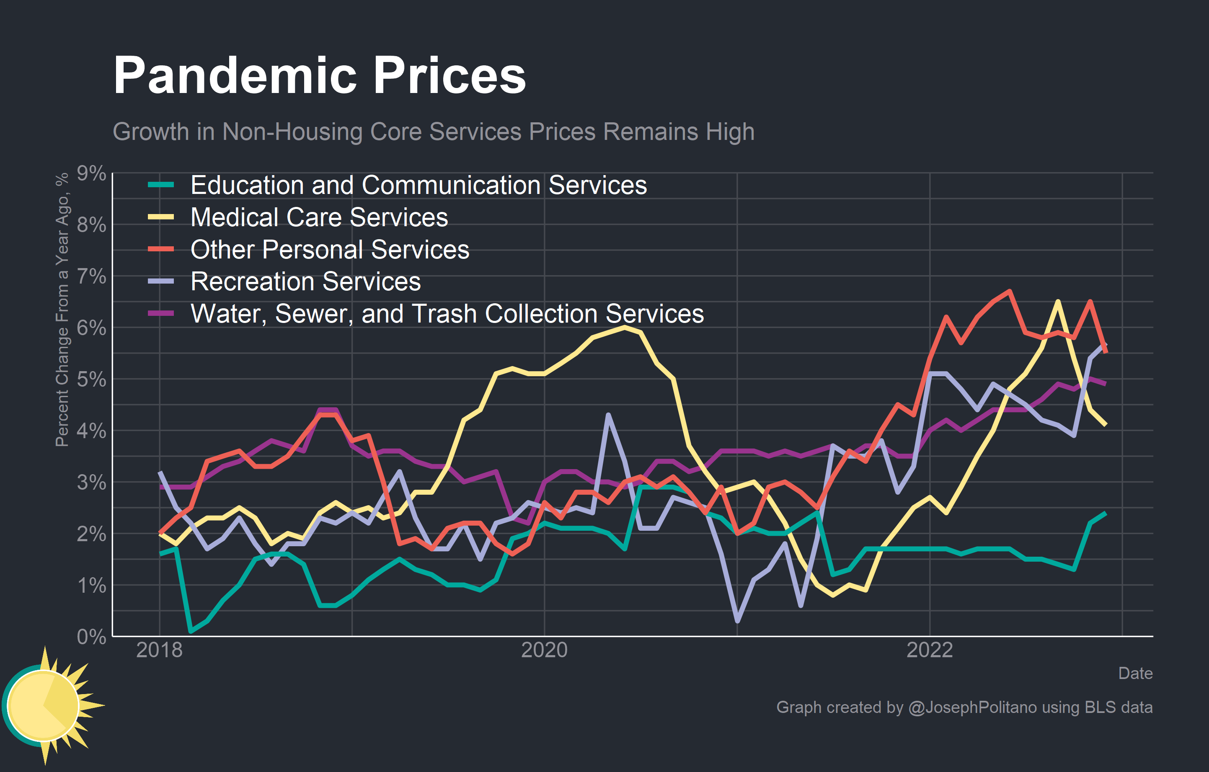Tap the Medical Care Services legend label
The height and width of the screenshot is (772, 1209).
click(319, 217)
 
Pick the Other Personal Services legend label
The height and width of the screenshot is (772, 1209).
click(330, 250)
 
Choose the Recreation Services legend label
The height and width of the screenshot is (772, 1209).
click(305, 281)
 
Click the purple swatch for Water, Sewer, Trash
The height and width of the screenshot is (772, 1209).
click(161, 313)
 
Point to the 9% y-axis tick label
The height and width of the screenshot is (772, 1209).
click(91, 174)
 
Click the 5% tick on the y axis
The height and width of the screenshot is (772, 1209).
click(91, 380)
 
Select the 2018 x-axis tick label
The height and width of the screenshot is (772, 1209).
click(159, 651)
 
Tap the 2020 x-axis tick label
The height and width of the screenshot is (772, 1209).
click(544, 651)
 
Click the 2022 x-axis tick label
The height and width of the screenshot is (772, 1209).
click(929, 651)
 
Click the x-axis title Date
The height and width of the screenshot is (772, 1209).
click(1135, 674)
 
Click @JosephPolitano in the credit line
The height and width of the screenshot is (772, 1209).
click(972, 707)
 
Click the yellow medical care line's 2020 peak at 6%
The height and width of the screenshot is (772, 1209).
click(624, 327)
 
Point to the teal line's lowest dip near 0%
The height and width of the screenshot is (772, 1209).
click(191, 631)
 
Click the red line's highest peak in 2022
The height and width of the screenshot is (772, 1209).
click(1009, 291)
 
